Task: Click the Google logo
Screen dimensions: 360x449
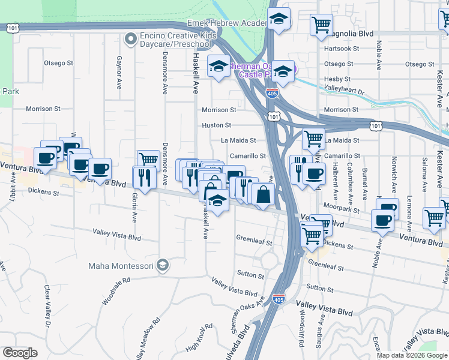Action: click(x=20, y=353)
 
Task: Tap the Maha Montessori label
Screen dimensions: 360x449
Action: click(x=118, y=265)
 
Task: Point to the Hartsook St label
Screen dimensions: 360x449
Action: click(x=341, y=48)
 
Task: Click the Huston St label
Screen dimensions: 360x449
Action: click(x=217, y=125)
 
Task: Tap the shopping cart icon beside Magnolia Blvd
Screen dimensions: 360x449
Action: click(x=322, y=25)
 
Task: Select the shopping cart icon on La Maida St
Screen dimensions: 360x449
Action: click(x=313, y=139)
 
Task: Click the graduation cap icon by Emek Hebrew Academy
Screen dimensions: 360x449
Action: click(x=279, y=19)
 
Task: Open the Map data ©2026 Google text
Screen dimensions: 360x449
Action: click(x=412, y=355)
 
